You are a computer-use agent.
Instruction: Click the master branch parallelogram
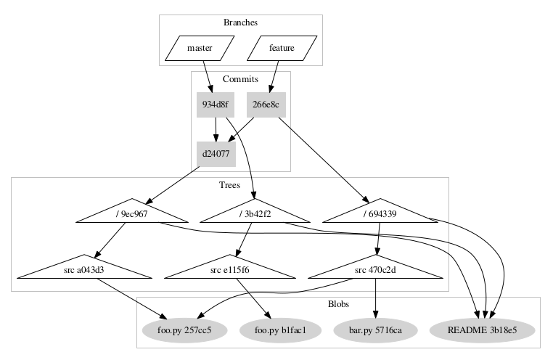(200, 49)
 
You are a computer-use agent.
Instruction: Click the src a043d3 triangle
(84, 270)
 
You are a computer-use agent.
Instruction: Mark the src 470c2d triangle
(375, 270)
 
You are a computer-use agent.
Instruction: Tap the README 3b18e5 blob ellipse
(482, 330)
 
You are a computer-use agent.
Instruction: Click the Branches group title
(240, 22)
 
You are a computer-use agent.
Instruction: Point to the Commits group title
(240, 78)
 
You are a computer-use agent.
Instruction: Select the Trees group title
(229, 185)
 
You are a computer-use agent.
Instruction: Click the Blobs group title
(337, 304)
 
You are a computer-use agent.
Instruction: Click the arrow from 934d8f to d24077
(216, 129)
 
